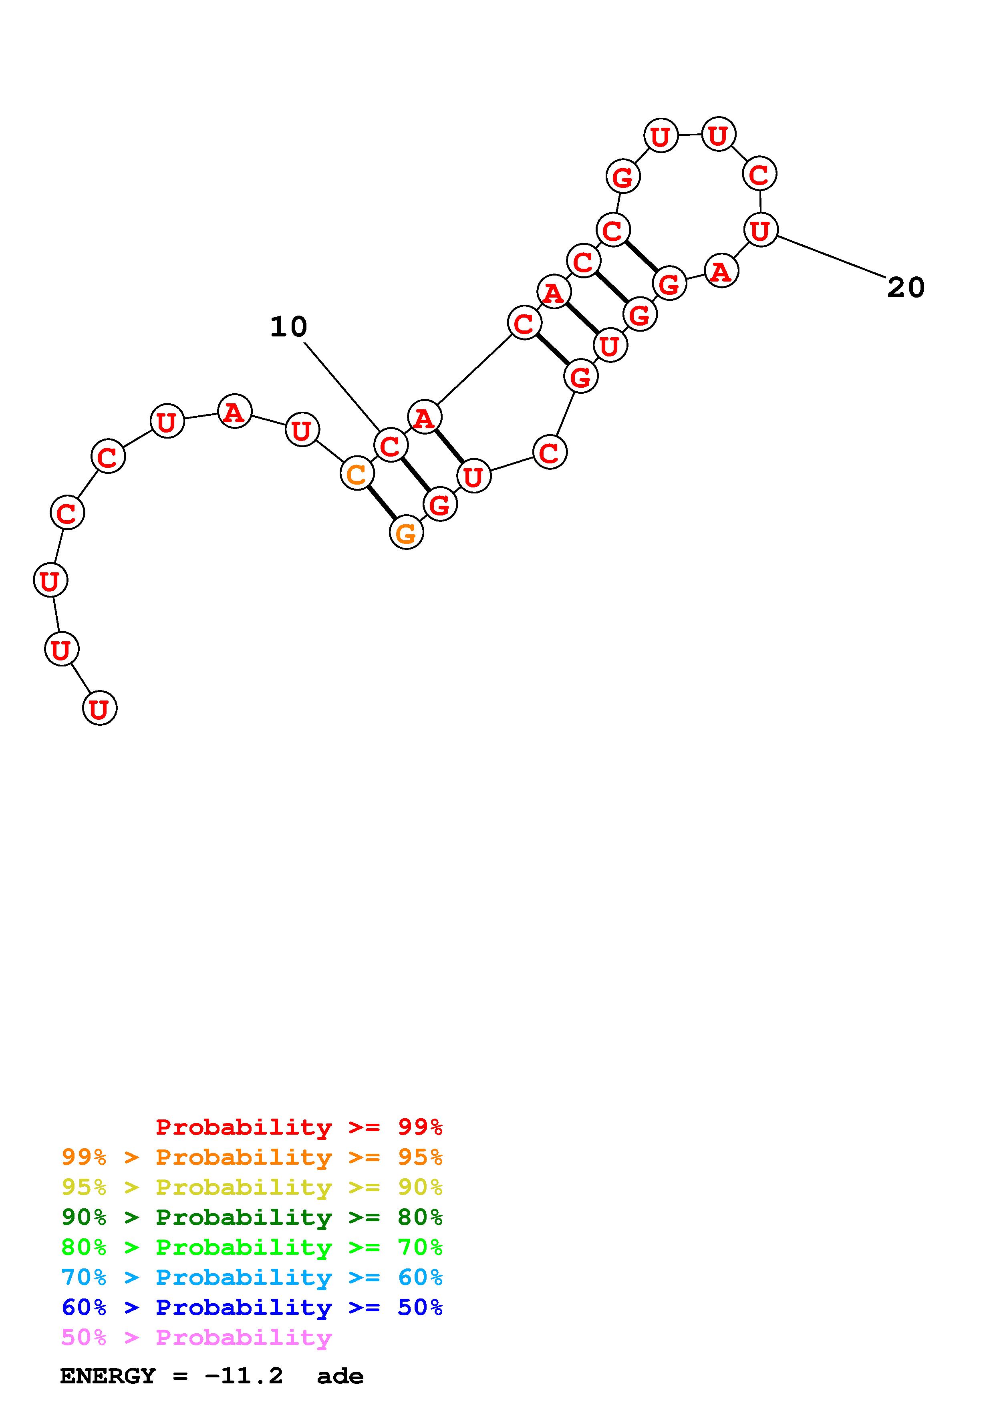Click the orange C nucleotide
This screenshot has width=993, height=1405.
(357, 474)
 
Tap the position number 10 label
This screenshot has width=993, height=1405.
(288, 327)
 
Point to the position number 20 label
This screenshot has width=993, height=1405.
(906, 287)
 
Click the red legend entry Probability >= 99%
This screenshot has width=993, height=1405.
(299, 1127)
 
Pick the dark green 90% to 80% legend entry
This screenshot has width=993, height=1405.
(252, 1217)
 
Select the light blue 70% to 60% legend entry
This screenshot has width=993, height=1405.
(252, 1277)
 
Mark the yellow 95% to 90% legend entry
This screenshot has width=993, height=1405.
(252, 1187)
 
